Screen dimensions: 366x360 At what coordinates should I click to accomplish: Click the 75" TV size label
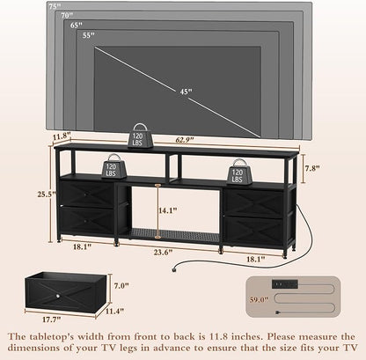55,6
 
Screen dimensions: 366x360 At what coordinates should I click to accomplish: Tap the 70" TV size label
67,15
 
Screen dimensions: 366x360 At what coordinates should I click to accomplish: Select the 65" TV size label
77,25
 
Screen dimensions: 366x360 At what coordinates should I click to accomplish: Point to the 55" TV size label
89,35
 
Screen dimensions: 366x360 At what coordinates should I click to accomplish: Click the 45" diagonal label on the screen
187,92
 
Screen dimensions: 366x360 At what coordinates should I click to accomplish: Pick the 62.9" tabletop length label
185,140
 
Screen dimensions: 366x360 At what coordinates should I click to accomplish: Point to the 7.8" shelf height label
311,168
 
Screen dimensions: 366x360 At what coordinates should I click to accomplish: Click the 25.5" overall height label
47,195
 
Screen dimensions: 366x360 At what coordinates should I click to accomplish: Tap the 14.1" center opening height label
168,210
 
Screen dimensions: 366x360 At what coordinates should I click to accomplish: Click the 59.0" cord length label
260,299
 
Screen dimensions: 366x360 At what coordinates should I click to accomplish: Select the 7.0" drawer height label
121,285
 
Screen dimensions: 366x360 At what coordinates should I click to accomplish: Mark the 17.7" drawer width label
52,320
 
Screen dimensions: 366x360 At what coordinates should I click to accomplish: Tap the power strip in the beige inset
285,283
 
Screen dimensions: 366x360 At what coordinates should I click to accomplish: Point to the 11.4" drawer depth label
114,311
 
